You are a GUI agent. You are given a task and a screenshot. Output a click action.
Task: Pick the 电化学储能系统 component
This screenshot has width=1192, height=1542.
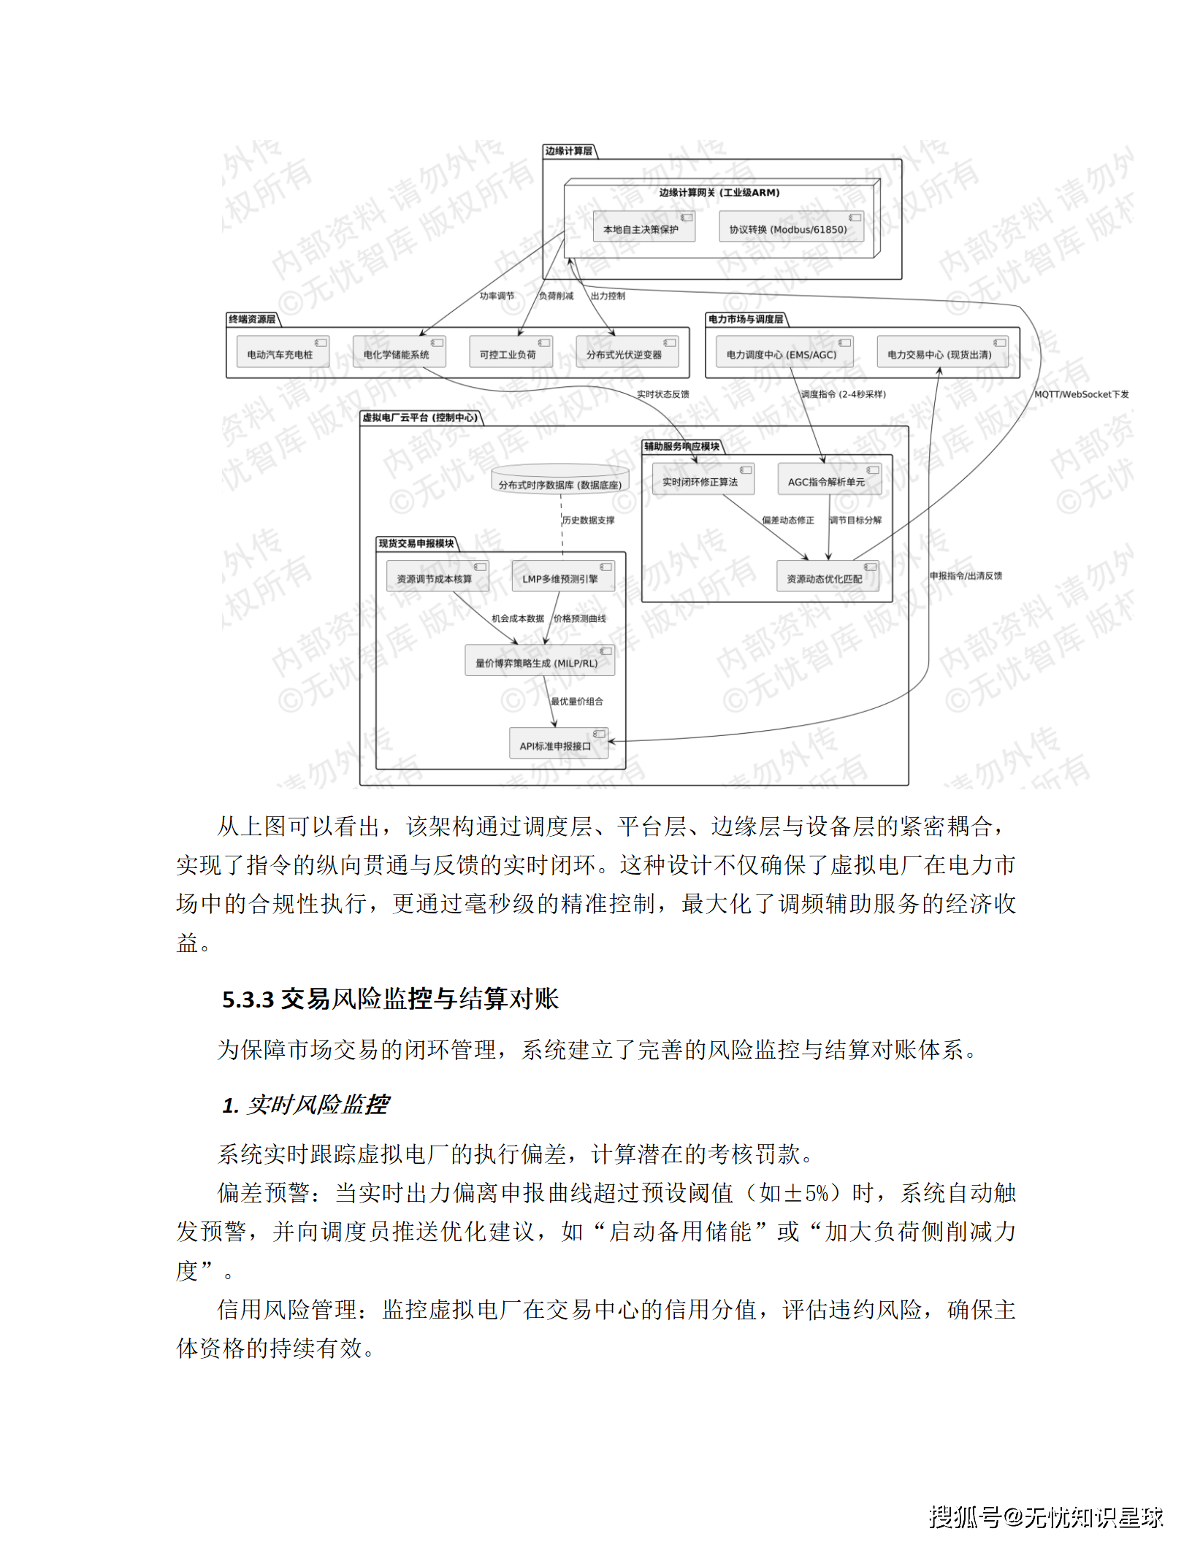click(398, 353)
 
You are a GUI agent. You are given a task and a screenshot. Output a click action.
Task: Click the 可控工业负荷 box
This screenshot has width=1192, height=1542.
click(510, 353)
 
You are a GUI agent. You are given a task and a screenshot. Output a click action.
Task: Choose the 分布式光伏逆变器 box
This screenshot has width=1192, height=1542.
click(627, 353)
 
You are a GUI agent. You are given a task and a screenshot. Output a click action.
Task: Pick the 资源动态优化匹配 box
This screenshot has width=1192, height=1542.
click(827, 577)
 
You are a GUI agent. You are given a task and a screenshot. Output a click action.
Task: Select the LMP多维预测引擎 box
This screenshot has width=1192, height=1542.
click(562, 577)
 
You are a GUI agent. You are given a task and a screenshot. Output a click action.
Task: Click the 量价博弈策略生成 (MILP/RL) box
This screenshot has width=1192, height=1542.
click(539, 661)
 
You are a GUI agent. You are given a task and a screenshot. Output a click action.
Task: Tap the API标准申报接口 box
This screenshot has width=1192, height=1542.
click(558, 744)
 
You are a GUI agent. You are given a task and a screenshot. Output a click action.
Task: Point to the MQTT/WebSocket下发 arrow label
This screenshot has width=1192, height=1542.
click(1081, 394)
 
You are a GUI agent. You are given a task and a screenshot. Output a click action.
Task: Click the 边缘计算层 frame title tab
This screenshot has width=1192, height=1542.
click(569, 151)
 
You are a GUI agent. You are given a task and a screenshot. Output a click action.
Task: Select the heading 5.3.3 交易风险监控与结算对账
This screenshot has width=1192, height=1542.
click(390, 999)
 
